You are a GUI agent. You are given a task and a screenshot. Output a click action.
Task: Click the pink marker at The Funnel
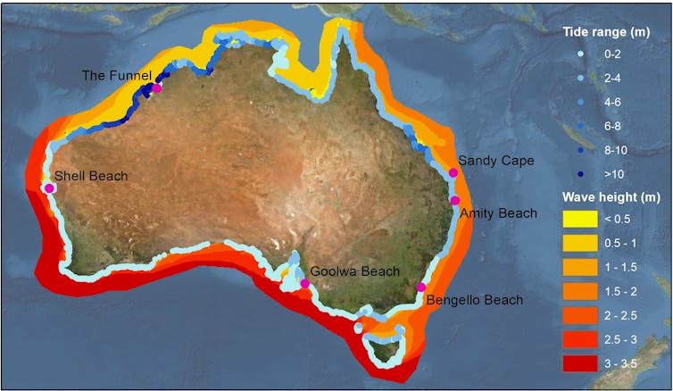click(157, 87)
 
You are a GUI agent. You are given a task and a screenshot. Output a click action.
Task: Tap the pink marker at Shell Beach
click(49, 187)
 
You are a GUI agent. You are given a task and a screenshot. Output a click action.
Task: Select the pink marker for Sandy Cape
click(453, 172)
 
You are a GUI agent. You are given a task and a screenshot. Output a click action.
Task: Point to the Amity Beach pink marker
click(454, 200)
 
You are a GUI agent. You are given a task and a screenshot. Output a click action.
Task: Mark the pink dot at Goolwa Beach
click(304, 284)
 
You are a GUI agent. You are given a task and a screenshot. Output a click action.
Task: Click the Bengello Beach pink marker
click(421, 287)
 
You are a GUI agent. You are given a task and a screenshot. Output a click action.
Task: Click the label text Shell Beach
click(91, 176)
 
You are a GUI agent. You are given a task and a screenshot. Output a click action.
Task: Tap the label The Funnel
click(117, 75)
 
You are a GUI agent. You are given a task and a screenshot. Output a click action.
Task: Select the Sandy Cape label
click(496, 161)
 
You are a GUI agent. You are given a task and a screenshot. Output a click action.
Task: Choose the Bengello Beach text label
click(474, 300)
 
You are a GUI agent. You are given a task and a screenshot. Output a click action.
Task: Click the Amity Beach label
click(498, 213)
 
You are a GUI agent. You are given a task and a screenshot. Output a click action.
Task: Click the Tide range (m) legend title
click(604, 32)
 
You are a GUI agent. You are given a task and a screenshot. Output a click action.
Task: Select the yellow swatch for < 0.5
click(578, 218)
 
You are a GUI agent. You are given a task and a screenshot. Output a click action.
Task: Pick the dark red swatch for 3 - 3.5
click(578, 362)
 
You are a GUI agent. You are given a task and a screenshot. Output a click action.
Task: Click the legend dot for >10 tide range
click(579, 172)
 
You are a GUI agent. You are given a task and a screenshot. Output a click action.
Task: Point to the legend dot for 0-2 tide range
click(579, 55)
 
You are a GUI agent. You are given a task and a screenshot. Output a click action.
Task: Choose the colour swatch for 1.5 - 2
click(578, 290)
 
